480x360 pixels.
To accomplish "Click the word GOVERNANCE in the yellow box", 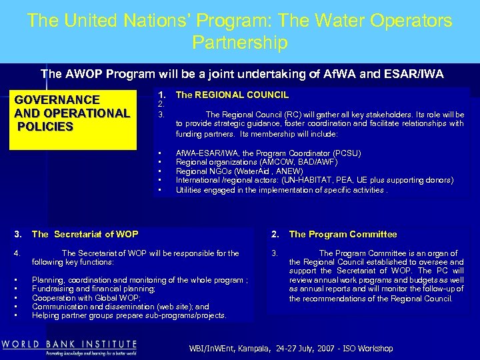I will pyautogui.click(x=57, y=99).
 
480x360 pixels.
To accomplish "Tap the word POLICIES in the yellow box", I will pyautogui.click(x=46, y=127).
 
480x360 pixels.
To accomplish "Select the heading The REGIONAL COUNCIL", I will pyautogui.click(x=232, y=95).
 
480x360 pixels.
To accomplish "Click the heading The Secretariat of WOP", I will pyautogui.click(x=85, y=234).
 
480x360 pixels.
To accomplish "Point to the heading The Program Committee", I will pyautogui.click(x=343, y=234).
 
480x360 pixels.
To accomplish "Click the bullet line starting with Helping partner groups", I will pyautogui.click(x=129, y=315).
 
